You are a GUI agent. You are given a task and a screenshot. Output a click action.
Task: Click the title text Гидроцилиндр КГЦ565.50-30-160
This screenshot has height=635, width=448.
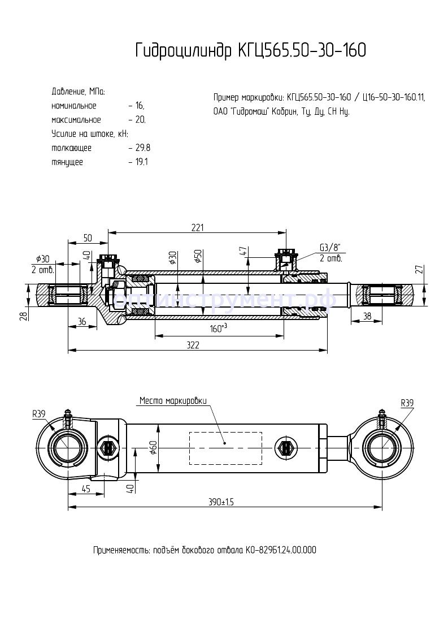(x=250, y=51)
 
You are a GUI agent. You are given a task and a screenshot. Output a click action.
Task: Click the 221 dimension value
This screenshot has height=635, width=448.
(x=197, y=227)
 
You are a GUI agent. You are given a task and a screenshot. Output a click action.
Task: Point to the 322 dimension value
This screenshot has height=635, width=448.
(x=193, y=346)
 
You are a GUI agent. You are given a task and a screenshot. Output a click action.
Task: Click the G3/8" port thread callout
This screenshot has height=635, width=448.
(x=330, y=248)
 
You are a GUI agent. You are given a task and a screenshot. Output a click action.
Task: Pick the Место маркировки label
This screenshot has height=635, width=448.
(x=173, y=401)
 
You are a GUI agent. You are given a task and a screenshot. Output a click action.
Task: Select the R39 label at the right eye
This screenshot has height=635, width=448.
(x=407, y=403)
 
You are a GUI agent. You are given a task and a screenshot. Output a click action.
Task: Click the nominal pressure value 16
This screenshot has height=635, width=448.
(x=139, y=106)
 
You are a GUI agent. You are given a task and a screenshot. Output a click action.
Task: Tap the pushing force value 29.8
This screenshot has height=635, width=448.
(x=142, y=148)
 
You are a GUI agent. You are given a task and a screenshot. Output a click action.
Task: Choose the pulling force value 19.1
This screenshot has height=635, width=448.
(x=141, y=162)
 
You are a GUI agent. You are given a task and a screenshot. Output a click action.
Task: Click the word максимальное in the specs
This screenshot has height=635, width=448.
(x=76, y=120)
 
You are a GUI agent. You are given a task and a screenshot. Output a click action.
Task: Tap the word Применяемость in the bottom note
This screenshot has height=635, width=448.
(x=120, y=550)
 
